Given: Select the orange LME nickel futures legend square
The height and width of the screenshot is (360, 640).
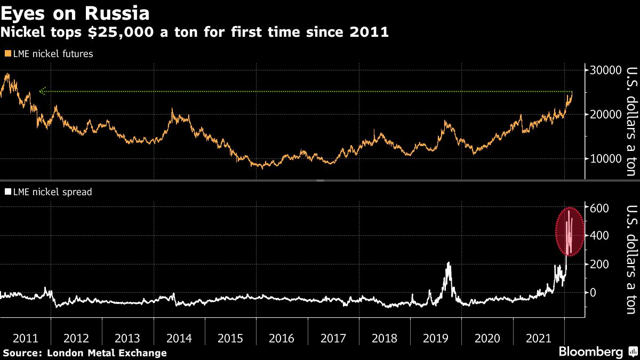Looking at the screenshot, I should click(6, 54).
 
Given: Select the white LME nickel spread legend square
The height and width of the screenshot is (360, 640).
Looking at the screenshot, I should click(6, 192).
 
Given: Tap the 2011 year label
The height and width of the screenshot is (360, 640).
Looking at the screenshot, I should click(25, 338).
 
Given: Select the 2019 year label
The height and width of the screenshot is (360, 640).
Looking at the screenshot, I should click(435, 338).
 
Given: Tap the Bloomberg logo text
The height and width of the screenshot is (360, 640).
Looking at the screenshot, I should click(590, 352).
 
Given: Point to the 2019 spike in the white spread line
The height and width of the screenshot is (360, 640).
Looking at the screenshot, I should click(449, 264).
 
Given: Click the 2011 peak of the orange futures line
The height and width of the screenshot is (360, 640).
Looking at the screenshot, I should click(7, 75).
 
